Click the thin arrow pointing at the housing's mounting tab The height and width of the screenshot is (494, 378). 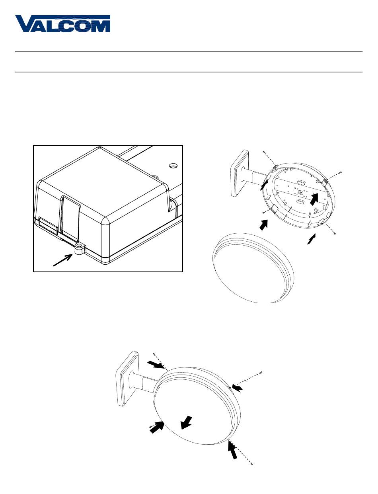63,260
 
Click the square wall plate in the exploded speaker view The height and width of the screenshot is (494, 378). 239,174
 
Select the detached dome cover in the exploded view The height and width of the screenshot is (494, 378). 253,268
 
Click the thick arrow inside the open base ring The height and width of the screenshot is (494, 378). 315,199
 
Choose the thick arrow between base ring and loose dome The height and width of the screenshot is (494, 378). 264,225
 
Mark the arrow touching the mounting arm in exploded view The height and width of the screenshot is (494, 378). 263,185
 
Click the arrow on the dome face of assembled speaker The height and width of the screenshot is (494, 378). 186,423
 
